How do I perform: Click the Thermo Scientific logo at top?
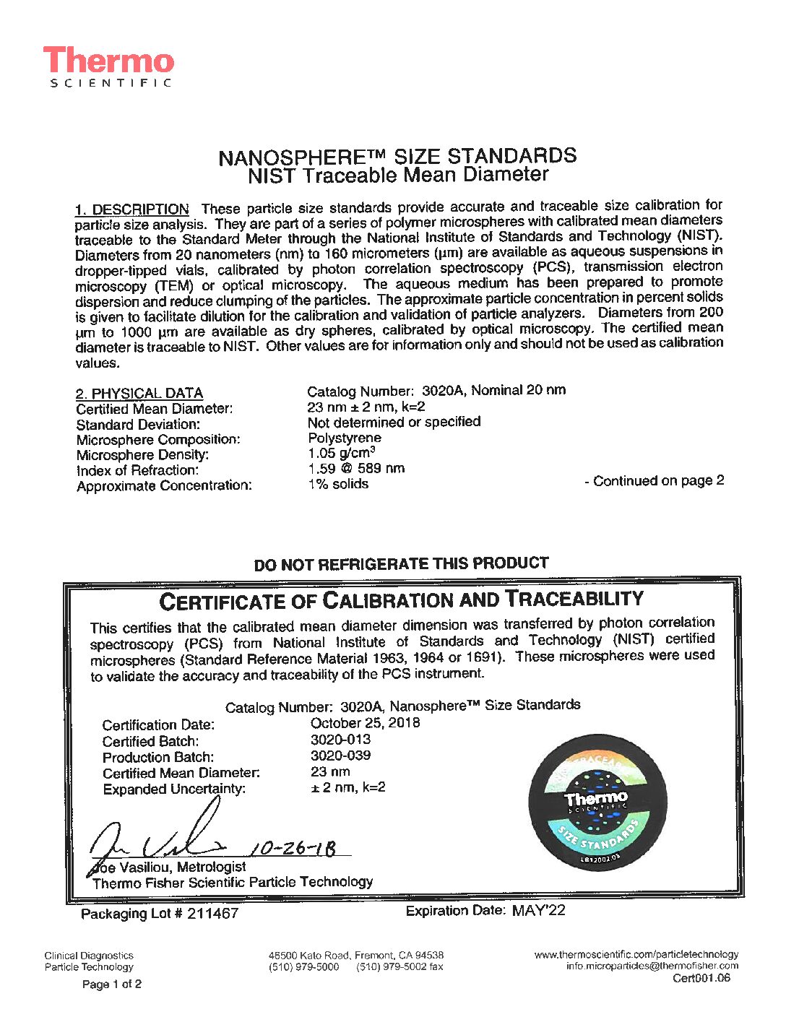[108, 66]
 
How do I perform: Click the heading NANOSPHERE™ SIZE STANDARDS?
[397, 156]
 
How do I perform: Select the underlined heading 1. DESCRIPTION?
[132, 209]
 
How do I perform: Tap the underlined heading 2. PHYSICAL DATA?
[139, 394]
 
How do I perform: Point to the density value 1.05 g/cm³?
[341, 453]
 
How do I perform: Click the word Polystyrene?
[344, 438]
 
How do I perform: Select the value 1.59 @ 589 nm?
[356, 468]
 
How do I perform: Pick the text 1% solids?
[338, 484]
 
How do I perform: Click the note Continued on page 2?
[655, 481]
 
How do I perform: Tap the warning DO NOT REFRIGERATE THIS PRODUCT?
[401, 564]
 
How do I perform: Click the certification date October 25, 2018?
[365, 723]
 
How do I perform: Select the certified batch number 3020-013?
[340, 740]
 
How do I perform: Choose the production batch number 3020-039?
[340, 756]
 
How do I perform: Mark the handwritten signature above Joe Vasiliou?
[159, 838]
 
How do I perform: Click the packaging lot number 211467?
[212, 914]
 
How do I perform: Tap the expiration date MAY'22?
[538, 911]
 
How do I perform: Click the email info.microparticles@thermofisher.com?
[652, 966]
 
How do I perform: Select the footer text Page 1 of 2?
[112, 984]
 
